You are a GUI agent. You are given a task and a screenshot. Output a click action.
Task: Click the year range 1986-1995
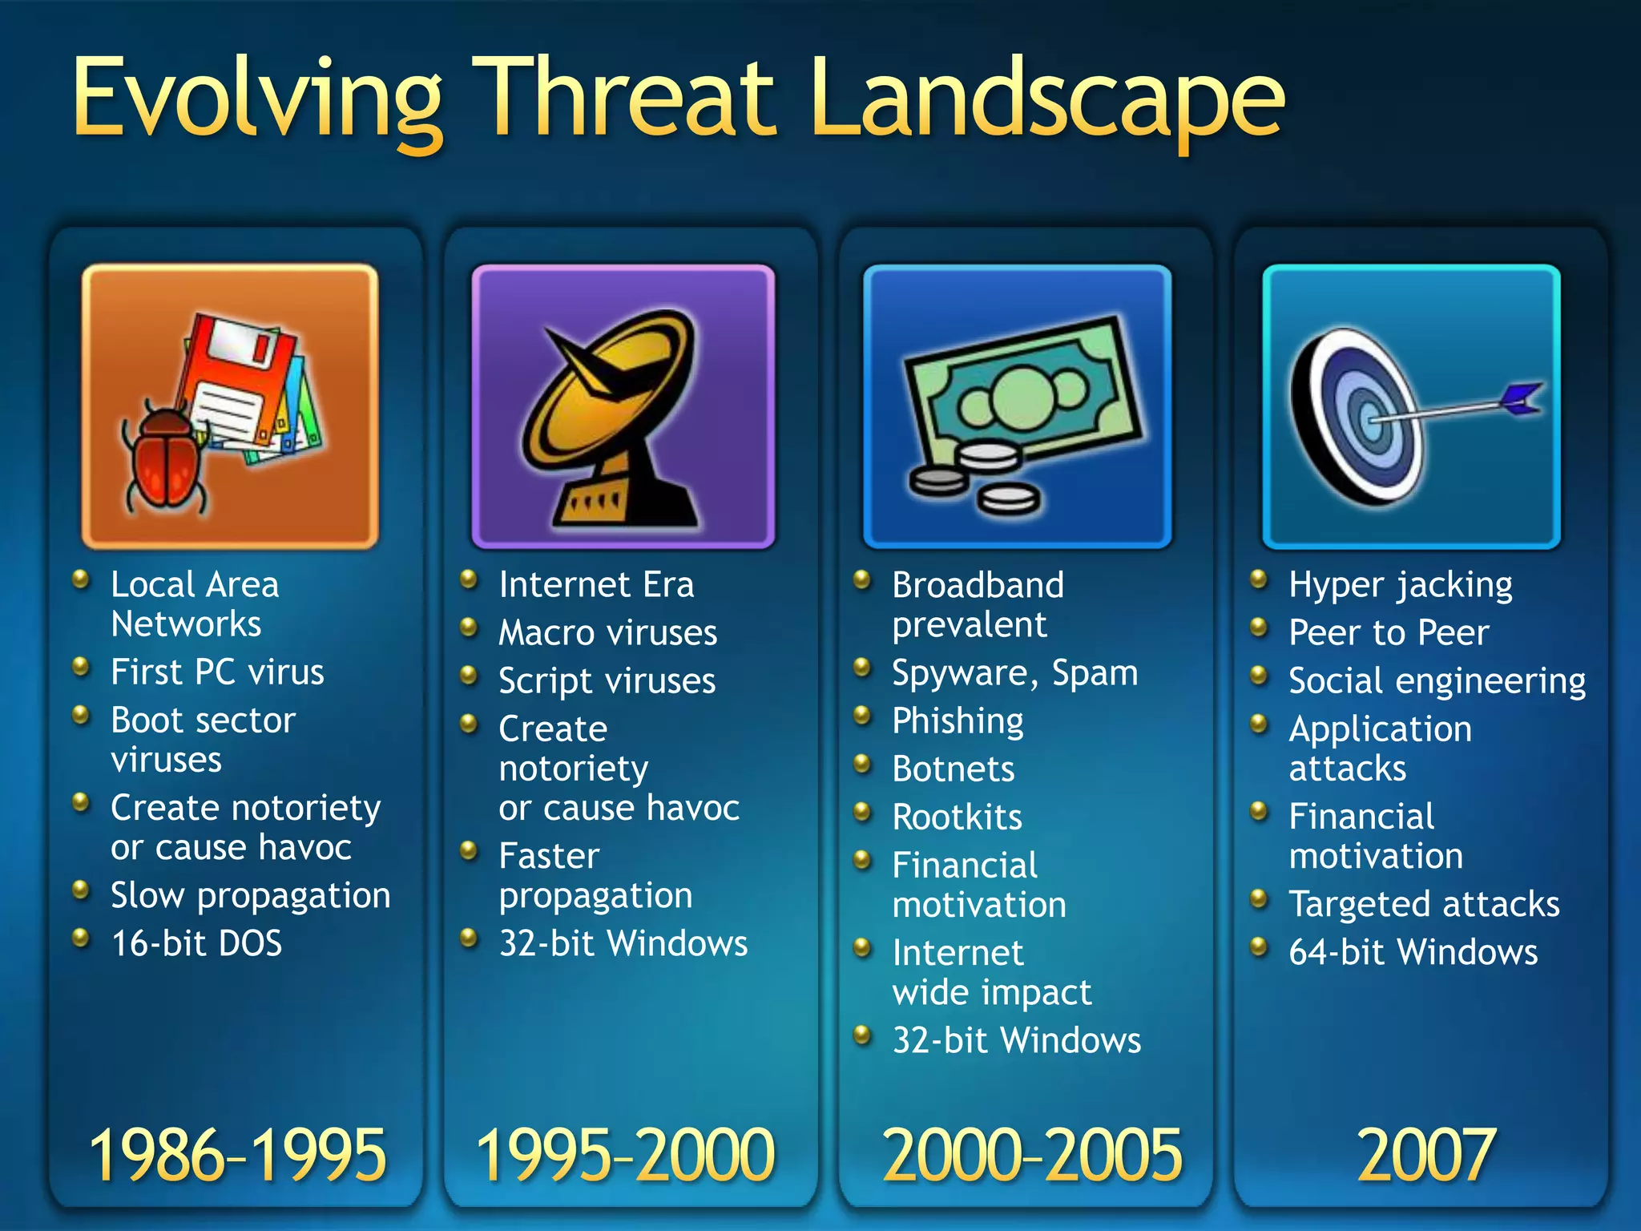point(237,1155)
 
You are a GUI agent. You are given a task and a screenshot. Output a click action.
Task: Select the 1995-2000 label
point(626,1155)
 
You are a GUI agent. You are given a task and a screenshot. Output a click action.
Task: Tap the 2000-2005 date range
point(1032,1155)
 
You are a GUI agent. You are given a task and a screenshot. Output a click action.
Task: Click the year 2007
point(1426,1155)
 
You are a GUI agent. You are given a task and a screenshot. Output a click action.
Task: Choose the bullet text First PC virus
point(217,672)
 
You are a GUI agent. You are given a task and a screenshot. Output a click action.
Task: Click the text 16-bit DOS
point(196,943)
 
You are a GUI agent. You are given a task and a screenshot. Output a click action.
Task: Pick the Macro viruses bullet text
point(607,633)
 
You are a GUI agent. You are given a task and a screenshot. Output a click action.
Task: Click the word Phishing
point(958,720)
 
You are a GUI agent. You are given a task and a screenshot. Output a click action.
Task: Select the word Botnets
point(954,769)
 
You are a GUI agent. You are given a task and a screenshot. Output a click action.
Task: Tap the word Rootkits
point(958,817)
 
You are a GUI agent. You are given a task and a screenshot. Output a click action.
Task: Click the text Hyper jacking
point(1401,585)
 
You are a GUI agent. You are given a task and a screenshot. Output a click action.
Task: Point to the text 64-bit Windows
point(1413,952)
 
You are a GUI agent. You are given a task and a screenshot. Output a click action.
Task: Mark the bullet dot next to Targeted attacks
point(1260,898)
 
